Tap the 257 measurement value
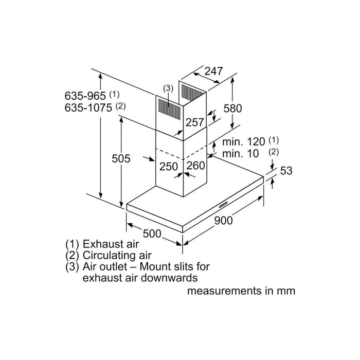(x=194, y=122)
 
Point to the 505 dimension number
(x=121, y=159)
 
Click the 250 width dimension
(x=168, y=166)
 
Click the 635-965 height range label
(x=85, y=96)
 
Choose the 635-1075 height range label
(x=88, y=107)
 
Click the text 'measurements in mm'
(x=241, y=291)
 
